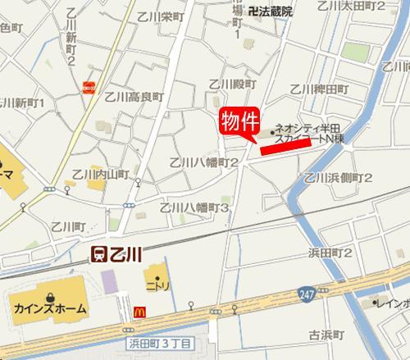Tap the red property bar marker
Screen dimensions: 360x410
pos(285,144)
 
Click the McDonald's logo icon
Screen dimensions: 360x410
pos(140,312)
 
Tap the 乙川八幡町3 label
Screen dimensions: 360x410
pos(194,208)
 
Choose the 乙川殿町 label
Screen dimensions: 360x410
pos(228,84)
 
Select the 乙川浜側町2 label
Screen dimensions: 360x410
pos(338,177)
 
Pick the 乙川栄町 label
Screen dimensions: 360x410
pos(159,16)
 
